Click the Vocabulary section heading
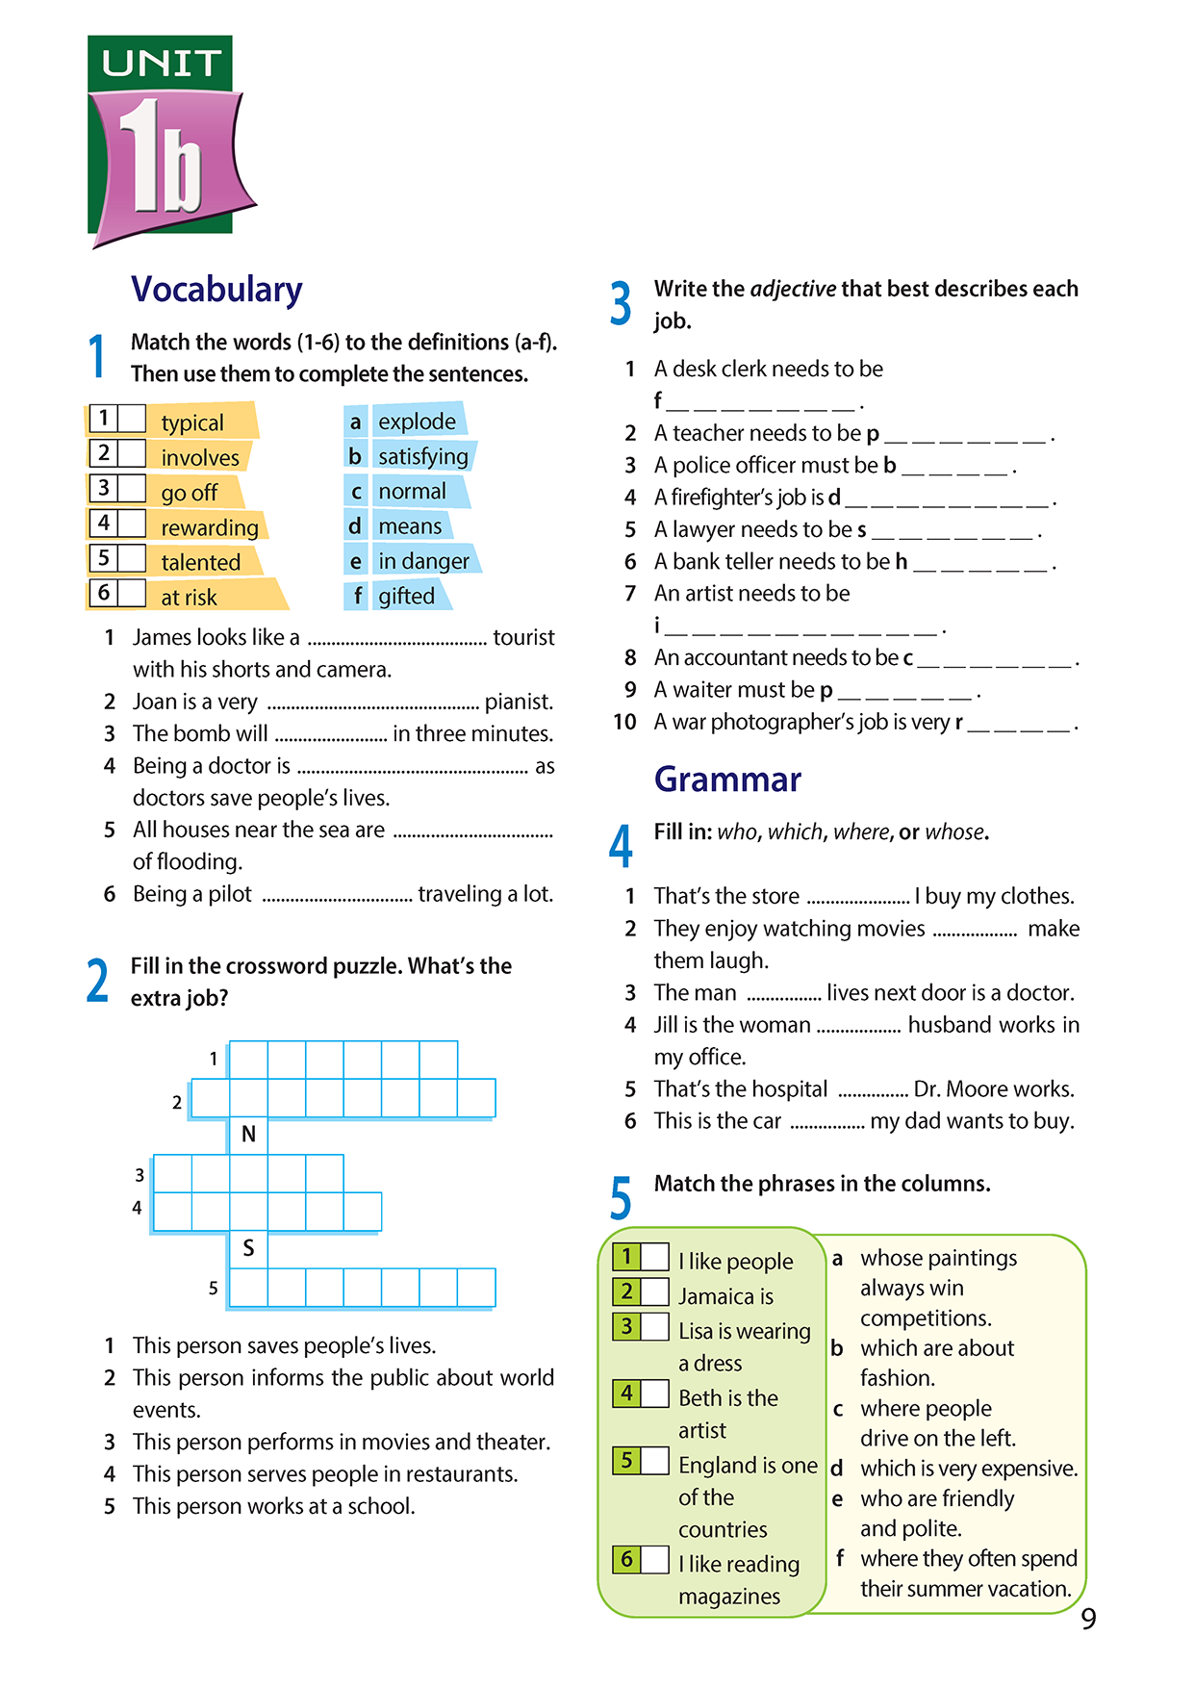pos(216,290)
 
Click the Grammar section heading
pos(727,780)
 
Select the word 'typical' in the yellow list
pos(192,422)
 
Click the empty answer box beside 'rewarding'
pos(132,524)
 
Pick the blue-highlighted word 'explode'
pos(417,422)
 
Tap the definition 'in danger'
pos(423,561)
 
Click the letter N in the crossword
pos(248,1135)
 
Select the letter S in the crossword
pos(248,1248)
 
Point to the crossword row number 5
pos(213,1289)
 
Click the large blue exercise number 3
pos(622,304)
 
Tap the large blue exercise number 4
pos(622,846)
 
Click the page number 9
pos(1088,1620)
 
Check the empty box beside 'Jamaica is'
pos(655,1292)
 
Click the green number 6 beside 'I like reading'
pos(626,1559)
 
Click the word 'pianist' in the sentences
pos(518,702)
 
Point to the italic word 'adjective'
pos(793,289)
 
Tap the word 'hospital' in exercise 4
pos(780,1089)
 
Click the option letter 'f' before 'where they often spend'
pos(839,1558)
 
